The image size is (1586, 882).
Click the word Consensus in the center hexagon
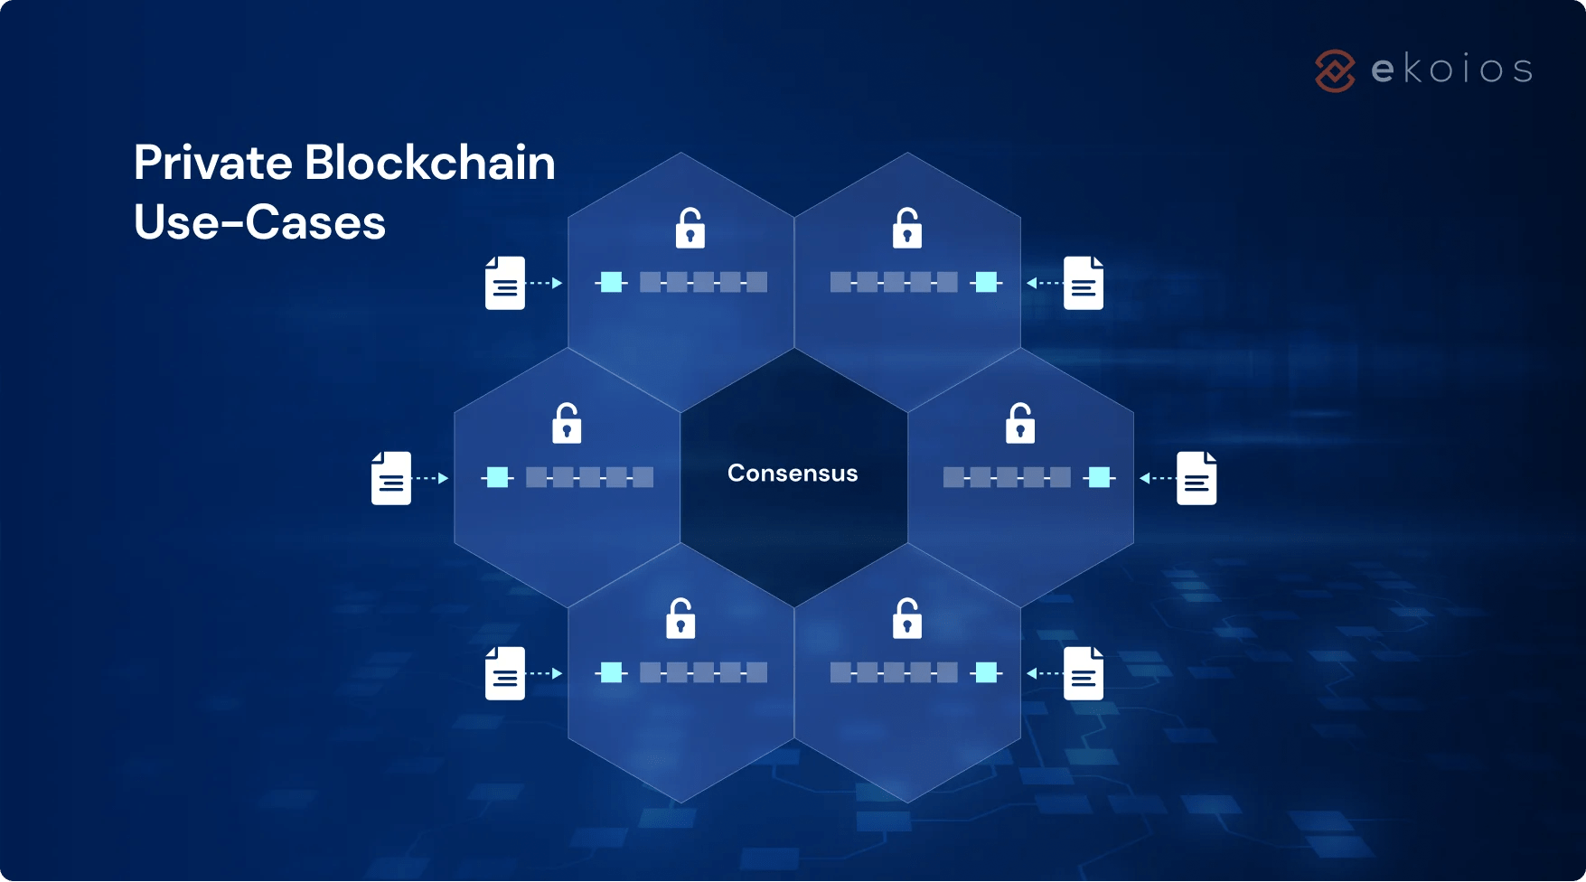(793, 474)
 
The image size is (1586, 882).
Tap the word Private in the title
(213, 164)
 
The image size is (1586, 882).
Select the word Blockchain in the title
(429, 164)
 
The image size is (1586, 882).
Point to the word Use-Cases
(259, 222)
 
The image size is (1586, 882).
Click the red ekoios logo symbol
(1335, 70)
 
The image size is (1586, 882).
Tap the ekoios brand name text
(1451, 70)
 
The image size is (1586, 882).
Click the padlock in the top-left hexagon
(690, 229)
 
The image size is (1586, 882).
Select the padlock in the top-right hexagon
(907, 229)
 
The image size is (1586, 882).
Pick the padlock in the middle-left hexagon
(567, 423)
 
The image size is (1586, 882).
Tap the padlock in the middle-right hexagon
(1020, 423)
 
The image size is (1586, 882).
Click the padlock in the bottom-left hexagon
(680, 619)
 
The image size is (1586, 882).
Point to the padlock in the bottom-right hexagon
(907, 619)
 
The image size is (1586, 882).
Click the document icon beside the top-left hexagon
(505, 283)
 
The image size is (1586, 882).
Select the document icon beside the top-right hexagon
(1084, 283)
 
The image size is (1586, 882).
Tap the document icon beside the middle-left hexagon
(391, 478)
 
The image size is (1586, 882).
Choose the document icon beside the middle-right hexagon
(1197, 478)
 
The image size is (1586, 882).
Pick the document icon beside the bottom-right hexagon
(1084, 673)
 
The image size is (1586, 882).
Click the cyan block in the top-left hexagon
(612, 282)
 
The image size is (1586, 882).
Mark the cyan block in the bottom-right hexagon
(987, 672)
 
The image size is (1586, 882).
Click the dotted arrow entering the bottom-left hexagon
(545, 673)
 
